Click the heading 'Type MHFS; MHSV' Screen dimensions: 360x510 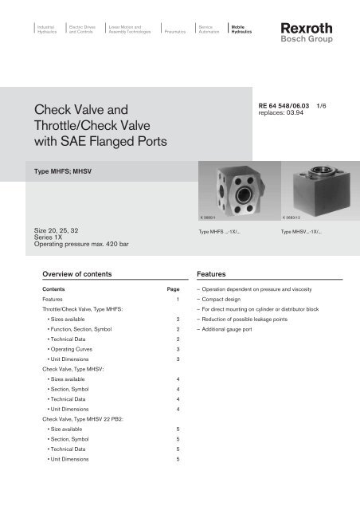click(x=67, y=171)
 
